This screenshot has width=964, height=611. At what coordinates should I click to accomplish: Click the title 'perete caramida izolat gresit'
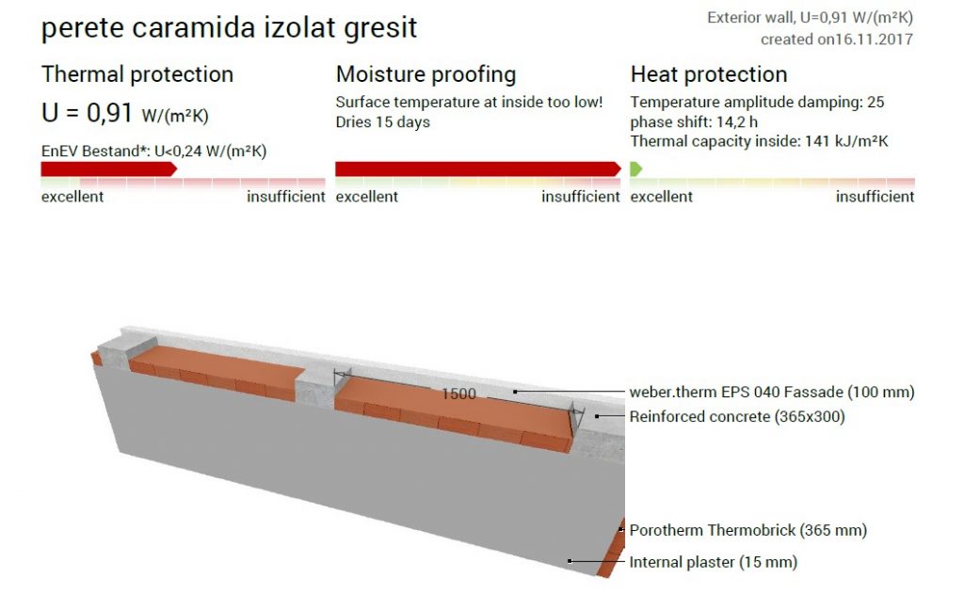coord(229,28)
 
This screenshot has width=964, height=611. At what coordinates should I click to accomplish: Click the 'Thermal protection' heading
coord(137,74)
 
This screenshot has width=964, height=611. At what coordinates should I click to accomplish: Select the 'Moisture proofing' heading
coord(426,75)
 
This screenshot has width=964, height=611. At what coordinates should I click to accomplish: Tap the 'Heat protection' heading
coord(708,74)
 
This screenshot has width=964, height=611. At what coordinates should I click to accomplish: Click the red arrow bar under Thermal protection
coord(109,169)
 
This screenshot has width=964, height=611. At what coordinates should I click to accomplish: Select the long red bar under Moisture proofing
coord(477,169)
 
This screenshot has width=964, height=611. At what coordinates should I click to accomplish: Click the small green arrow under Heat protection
coord(635,169)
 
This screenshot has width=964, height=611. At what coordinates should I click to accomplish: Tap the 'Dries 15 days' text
coord(382,121)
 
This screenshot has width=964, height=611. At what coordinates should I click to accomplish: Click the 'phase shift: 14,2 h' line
coord(694,121)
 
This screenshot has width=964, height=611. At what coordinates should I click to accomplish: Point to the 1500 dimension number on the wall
coord(458,394)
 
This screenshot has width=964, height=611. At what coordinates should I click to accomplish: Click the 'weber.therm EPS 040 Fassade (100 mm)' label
coord(772,393)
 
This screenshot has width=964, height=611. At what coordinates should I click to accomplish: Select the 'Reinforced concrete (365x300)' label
coord(736,417)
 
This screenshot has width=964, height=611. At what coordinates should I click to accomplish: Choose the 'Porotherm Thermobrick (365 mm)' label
coord(747,530)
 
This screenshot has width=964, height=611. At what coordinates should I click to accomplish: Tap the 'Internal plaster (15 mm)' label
coord(714,562)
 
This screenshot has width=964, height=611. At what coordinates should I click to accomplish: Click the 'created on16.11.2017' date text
coord(836,40)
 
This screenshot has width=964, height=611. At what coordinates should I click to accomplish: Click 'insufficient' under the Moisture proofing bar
coord(580,197)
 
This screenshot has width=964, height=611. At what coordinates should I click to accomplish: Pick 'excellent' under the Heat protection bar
coord(661,197)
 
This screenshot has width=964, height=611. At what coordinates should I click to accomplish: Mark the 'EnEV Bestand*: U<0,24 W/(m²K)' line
coord(153,152)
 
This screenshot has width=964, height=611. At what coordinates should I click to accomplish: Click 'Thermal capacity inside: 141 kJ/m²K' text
coord(759,141)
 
